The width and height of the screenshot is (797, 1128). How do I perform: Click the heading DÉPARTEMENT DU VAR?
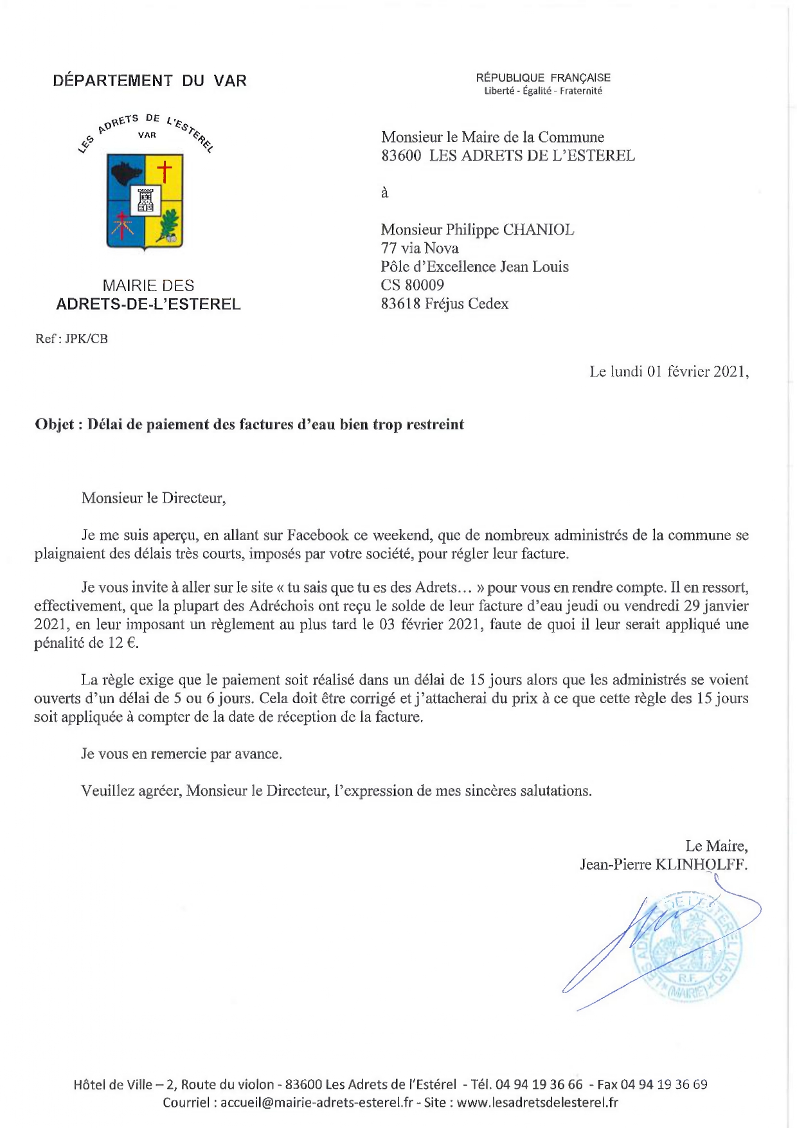tap(150, 81)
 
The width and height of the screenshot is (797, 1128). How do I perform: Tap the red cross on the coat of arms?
tap(165, 172)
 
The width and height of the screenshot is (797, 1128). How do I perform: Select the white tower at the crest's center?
tap(145, 200)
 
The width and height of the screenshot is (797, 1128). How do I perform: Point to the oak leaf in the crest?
tap(168, 225)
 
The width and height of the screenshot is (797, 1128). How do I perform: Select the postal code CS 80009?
tap(412, 285)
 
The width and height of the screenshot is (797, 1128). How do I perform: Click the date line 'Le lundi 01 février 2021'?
tap(668, 372)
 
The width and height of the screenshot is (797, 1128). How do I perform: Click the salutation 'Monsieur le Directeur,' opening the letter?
tap(154, 498)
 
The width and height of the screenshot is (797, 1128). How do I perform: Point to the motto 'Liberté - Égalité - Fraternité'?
tap(543, 91)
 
